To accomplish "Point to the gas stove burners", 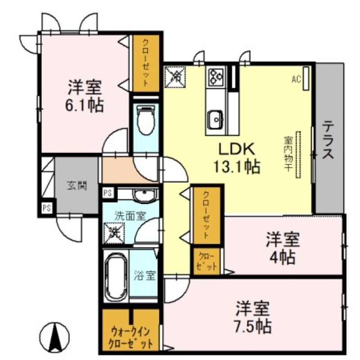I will click(216, 76).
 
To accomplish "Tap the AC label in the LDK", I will click(296, 80).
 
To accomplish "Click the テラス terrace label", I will click(328, 139).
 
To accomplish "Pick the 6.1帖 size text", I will click(85, 105).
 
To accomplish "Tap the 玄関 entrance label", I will click(77, 185).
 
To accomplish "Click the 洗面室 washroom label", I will click(130, 216).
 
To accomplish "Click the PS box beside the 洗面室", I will click(108, 193).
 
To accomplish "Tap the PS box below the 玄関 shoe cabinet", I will click(46, 208).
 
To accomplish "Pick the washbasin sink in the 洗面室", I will click(144, 195).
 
